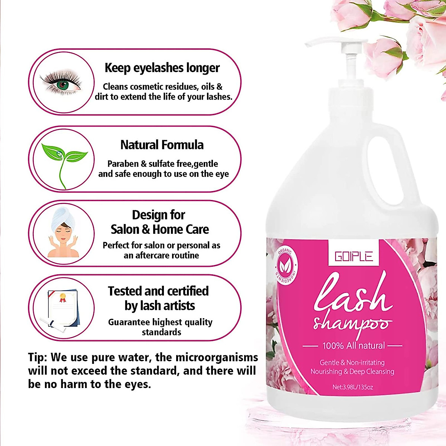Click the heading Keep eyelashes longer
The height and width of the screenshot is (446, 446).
(162, 68)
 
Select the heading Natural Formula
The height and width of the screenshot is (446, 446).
(162, 145)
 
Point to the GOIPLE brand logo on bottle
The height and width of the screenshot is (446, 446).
(353, 256)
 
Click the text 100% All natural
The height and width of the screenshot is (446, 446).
(353, 346)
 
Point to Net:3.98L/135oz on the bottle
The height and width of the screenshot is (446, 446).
(353, 387)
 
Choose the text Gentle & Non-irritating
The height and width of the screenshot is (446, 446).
(352, 362)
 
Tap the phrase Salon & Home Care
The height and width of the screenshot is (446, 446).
(160, 229)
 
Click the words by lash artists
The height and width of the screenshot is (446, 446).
(160, 306)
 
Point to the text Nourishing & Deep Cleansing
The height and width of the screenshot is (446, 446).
(352, 371)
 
